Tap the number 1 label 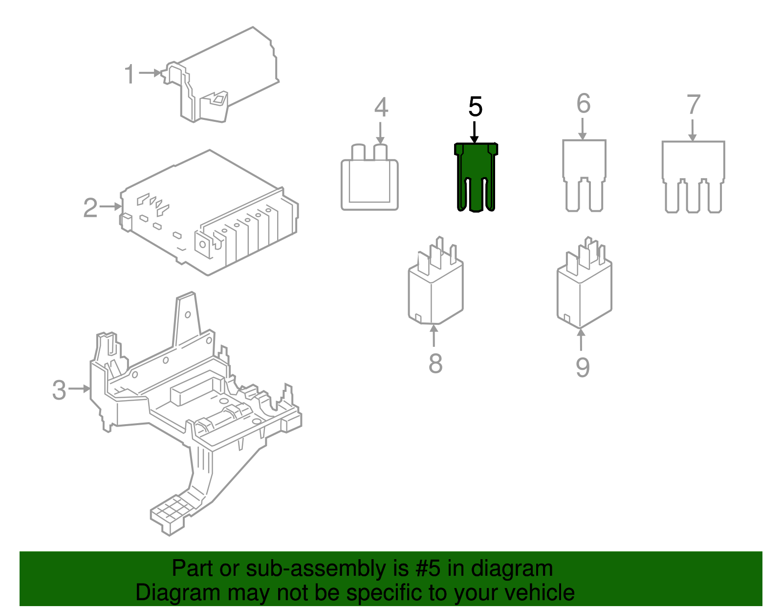point(129,74)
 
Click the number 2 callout point(90,208)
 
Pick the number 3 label point(59,390)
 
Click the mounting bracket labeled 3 point(195,406)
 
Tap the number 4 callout point(381,108)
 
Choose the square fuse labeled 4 point(369,183)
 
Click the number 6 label point(583,104)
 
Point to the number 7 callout point(693,105)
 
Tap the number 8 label point(435,363)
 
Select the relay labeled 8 point(435,289)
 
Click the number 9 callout point(582,367)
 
